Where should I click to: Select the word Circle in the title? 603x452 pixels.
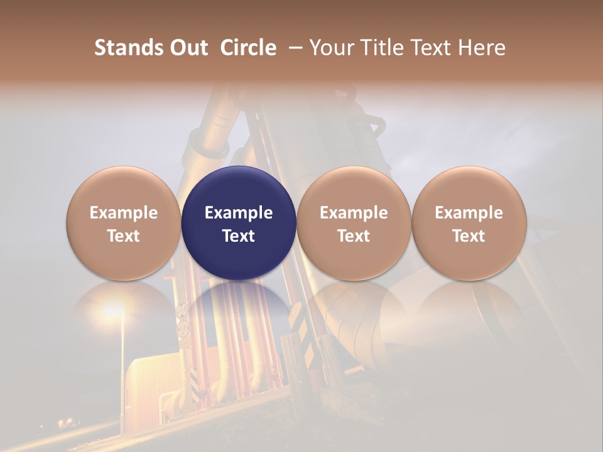click(248, 48)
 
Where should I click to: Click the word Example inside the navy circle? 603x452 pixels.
click(239, 213)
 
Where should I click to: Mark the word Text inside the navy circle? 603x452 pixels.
click(239, 236)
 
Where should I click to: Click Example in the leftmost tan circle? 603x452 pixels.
click(124, 213)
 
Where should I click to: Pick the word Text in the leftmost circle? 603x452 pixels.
click(124, 236)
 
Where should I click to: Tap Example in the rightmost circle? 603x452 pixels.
click(469, 213)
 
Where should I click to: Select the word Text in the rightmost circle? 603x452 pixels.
click(469, 236)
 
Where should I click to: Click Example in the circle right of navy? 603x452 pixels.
click(354, 213)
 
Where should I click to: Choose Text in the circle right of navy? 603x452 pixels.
click(354, 236)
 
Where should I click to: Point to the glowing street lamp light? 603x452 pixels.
click(114, 309)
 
